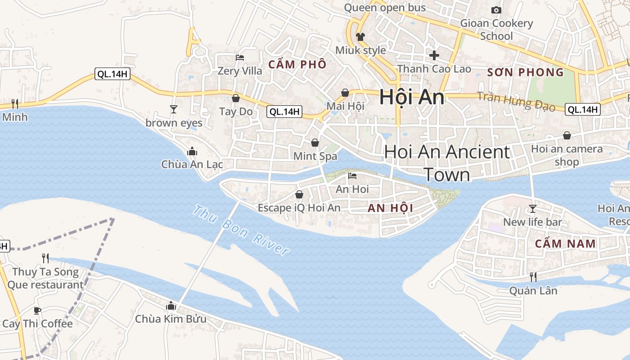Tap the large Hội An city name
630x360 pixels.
pos(411,97)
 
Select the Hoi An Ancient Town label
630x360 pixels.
pos(447,163)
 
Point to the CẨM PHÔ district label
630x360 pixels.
pos(297,64)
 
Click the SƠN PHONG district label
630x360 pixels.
pos(525,72)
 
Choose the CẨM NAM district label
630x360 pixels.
pos(565,244)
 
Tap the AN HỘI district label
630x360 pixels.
pos(390,208)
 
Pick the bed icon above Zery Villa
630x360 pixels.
pos(240,58)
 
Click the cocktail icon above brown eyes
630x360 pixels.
pos(173,109)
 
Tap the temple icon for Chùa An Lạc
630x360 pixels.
pos(192,151)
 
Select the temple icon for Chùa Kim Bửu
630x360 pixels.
pos(171,306)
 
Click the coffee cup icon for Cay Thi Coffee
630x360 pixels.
pos(37,310)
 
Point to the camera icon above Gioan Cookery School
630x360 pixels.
pos(496,10)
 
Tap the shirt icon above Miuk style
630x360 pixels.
pos(360,36)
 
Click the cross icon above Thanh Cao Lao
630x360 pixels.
pos(434,55)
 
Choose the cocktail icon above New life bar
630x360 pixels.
pos(533,208)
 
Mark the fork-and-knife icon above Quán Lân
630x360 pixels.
pos(533,277)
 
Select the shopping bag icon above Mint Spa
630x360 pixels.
pos(315,143)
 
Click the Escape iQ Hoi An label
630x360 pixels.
pos(299,208)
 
